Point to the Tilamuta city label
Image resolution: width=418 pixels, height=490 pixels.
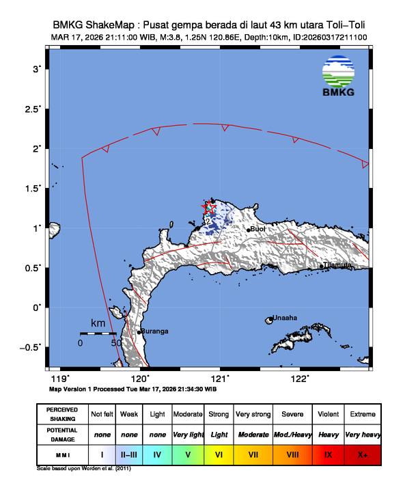coord(337,265)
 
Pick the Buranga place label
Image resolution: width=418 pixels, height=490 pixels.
coord(155,331)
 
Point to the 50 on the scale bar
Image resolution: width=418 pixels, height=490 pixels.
coord(115,342)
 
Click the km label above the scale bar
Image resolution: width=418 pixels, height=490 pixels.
coord(98,323)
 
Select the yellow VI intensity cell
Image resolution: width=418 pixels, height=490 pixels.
coord(219,454)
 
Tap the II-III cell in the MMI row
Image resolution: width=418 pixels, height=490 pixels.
coord(129,454)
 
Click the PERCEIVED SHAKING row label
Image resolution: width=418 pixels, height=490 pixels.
coord(62,414)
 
